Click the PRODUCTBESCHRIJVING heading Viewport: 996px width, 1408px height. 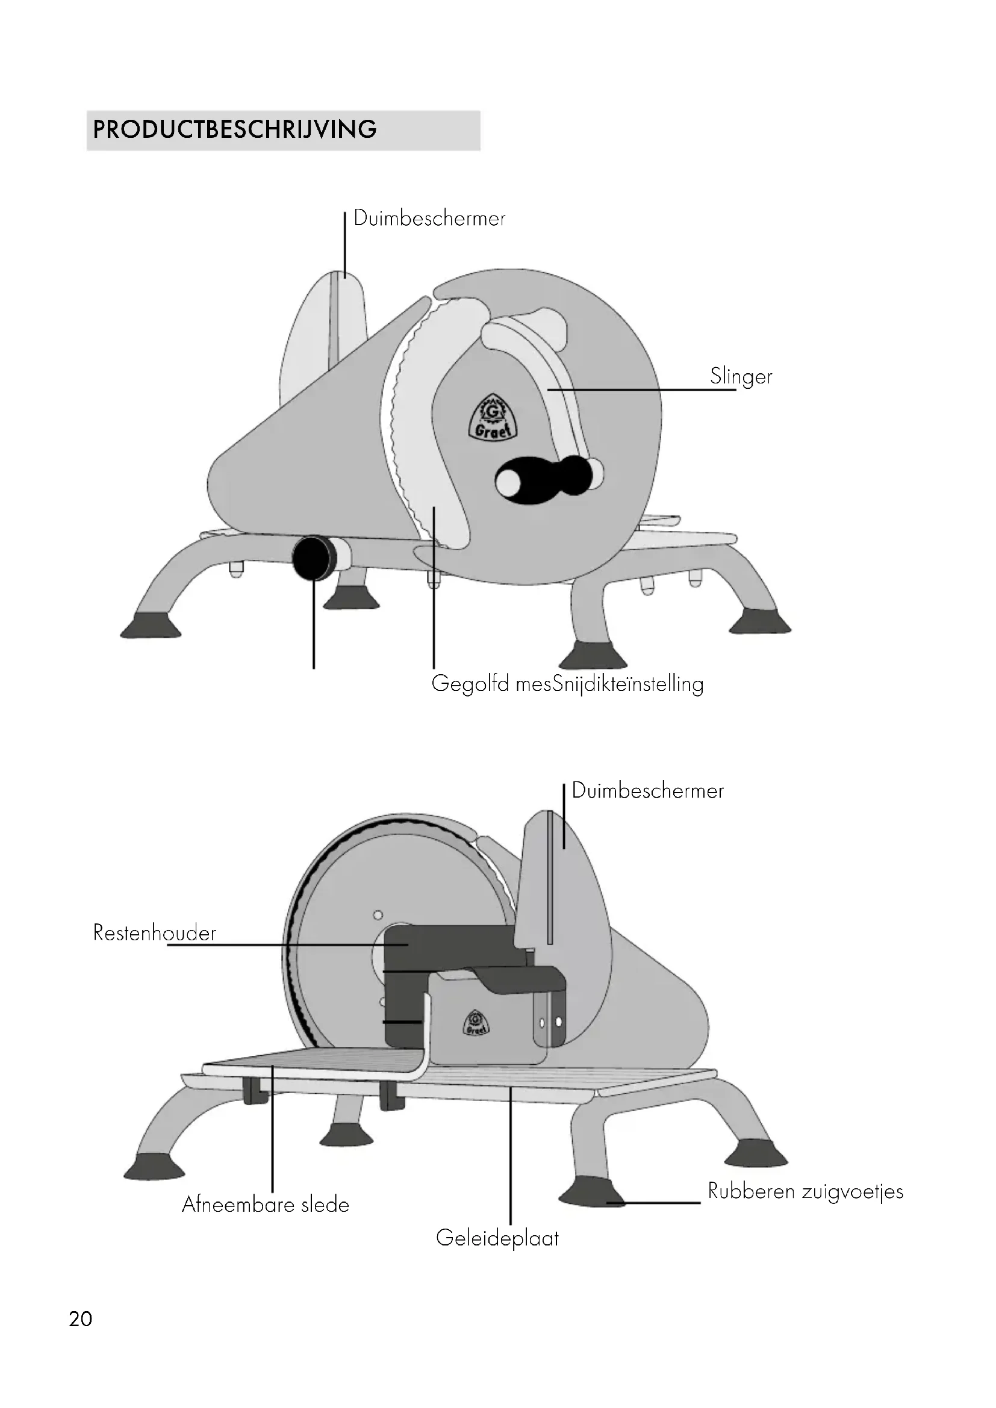(235, 130)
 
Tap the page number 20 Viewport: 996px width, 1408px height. (80, 1318)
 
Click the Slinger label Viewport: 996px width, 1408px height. (741, 376)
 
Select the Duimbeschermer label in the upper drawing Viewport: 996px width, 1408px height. (429, 219)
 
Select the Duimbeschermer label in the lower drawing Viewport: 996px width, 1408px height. (648, 790)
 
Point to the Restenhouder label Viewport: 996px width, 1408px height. (155, 932)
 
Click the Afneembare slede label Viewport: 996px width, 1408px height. (266, 1205)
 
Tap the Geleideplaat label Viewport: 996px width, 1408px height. (497, 1238)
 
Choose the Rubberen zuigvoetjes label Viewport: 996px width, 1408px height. (805, 1191)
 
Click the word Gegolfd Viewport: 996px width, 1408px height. (470, 684)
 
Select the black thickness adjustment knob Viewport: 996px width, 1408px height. (312, 557)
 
